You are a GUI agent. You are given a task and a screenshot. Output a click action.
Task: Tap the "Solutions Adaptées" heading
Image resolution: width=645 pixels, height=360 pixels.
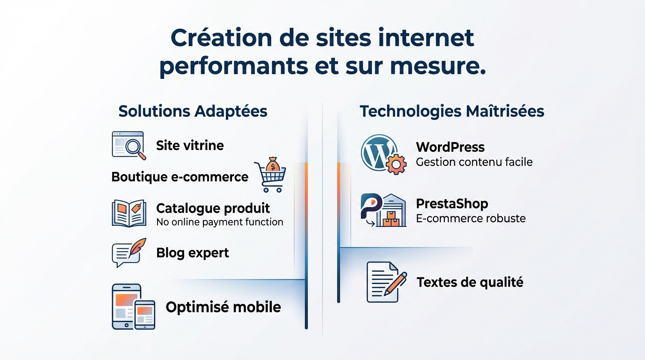(x=193, y=112)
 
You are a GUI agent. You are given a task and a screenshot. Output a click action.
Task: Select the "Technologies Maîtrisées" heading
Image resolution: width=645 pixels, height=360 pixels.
(x=451, y=112)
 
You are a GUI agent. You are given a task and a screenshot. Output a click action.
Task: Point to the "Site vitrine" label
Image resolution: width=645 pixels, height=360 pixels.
(x=190, y=145)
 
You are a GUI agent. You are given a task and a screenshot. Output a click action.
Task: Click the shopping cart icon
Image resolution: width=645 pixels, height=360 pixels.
(x=270, y=177)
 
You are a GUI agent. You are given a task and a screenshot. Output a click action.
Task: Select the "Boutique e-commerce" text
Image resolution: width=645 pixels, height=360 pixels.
(x=180, y=177)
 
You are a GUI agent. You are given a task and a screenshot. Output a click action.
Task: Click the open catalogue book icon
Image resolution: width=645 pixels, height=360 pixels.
(x=128, y=213)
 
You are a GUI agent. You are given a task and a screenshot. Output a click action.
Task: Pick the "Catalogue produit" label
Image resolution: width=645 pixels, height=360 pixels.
(x=213, y=208)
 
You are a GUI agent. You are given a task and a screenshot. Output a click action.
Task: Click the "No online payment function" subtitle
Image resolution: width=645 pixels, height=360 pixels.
(x=219, y=222)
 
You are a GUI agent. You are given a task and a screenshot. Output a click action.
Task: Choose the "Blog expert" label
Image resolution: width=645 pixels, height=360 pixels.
(x=192, y=253)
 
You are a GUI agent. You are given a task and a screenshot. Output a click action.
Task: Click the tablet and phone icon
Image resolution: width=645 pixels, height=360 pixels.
(x=133, y=307)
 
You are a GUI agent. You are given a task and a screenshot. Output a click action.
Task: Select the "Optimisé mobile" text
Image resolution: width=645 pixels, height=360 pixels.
(x=223, y=307)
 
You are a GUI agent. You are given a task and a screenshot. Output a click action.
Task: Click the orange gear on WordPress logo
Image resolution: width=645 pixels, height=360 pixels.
(x=396, y=164)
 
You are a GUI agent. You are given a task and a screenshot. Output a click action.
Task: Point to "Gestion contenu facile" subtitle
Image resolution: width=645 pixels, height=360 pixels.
(x=474, y=162)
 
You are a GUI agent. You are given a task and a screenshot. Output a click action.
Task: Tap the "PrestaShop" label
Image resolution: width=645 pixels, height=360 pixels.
(x=452, y=204)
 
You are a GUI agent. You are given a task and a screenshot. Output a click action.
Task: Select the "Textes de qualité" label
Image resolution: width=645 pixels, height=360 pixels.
(x=470, y=282)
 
